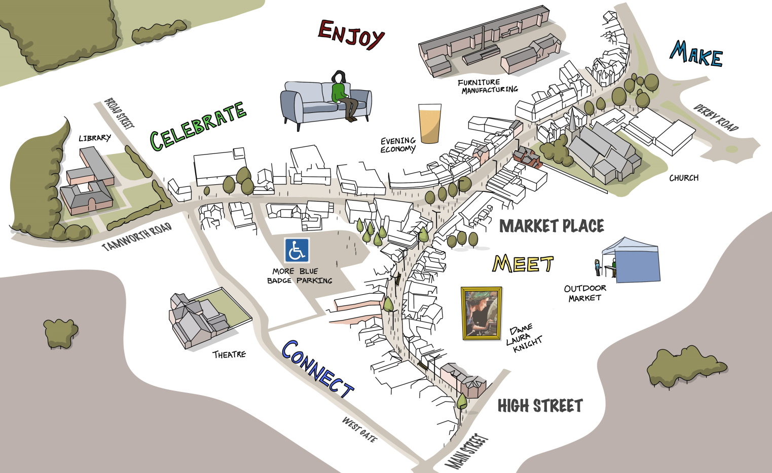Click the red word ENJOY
tap(351, 34)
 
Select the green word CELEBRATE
tap(198, 126)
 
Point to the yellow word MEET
tap(523, 264)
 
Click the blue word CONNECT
tap(317, 369)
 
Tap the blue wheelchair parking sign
tap(297, 250)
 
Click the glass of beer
tap(429, 124)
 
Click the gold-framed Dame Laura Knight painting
tap(481, 313)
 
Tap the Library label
tap(94, 138)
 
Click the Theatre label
tap(229, 354)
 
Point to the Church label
tap(683, 178)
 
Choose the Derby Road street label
tap(716, 118)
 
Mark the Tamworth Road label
tap(137, 237)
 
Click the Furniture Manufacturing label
tap(487, 86)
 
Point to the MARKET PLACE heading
tap(552, 226)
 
